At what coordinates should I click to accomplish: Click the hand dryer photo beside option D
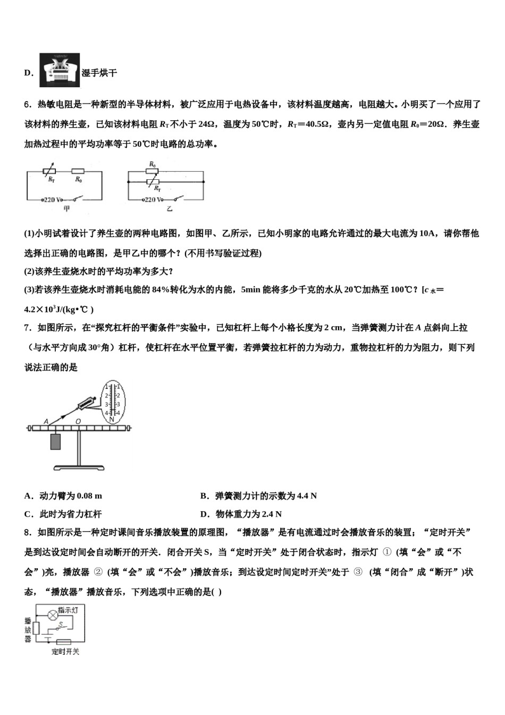tap(60, 70)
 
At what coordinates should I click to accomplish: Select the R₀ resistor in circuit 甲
tap(79, 172)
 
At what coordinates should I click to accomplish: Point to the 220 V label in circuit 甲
tap(52, 199)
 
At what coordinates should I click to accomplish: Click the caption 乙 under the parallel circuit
tap(169, 209)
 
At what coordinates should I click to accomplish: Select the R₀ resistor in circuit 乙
tap(153, 172)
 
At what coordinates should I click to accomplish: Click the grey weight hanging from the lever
tap(56, 442)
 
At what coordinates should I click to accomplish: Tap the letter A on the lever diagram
tap(46, 422)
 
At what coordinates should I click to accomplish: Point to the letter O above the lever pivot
tap(78, 422)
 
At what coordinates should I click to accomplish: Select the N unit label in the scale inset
tap(112, 419)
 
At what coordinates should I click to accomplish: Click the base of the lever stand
tap(78, 468)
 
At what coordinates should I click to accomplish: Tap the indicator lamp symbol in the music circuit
tap(53, 614)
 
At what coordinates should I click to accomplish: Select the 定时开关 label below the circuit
tap(65, 652)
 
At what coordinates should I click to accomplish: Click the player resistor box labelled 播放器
tap(36, 628)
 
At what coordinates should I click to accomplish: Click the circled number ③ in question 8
tap(357, 572)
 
